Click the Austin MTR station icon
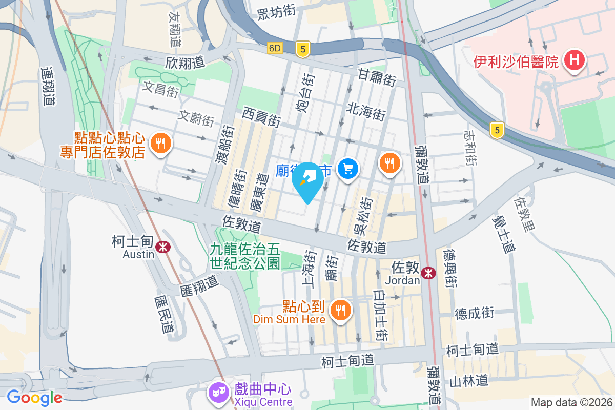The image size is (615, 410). pyautogui.click(x=163, y=247)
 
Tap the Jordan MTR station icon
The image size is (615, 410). pyautogui.click(x=428, y=274)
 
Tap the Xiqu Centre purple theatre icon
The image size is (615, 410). pyautogui.click(x=217, y=393)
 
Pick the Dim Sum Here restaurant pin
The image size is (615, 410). pyautogui.click(x=339, y=310)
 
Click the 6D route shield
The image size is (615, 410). pyautogui.click(x=275, y=48)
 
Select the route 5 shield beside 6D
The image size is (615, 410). pyautogui.click(x=303, y=49)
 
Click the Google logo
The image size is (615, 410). pyautogui.click(x=34, y=397)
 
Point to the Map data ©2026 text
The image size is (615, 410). pyautogui.click(x=571, y=402)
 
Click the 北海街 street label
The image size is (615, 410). pyautogui.click(x=366, y=110)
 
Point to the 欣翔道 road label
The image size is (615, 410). pyautogui.click(x=185, y=63)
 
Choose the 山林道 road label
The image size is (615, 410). pyautogui.click(x=468, y=380)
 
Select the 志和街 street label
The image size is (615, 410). pyautogui.click(x=470, y=147)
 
